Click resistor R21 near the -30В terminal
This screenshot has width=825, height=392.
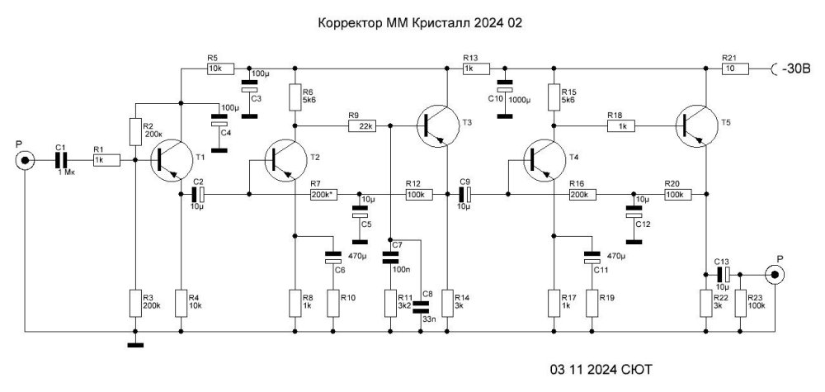click(734, 69)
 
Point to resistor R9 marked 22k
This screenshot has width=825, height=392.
click(363, 126)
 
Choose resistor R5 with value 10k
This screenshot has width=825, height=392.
click(220, 69)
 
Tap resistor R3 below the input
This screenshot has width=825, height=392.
click(134, 303)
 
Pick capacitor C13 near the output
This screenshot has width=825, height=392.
click(723, 273)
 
